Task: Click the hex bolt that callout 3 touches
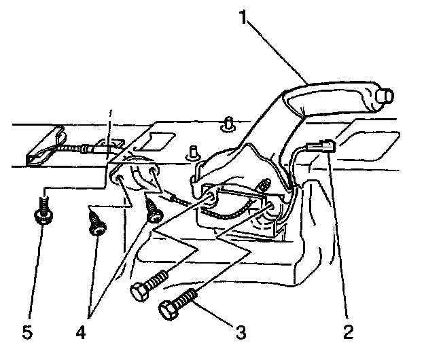(x=178, y=302)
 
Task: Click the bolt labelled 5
(x=43, y=212)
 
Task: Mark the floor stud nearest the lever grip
(x=229, y=124)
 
